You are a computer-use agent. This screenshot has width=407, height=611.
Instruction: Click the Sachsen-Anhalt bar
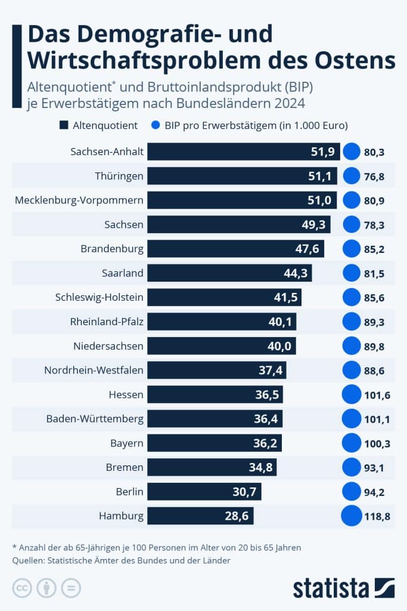tap(243, 152)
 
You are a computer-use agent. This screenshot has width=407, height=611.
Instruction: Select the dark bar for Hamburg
tap(200, 516)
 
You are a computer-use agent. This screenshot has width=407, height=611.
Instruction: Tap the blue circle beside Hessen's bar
tap(352, 394)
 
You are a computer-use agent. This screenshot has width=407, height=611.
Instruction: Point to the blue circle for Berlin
tap(352, 492)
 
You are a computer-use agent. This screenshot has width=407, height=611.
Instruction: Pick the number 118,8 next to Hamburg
tap(377, 516)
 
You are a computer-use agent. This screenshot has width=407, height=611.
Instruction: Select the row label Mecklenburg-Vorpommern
tap(79, 200)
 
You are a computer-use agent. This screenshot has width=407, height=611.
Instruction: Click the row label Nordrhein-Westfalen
tap(94, 370)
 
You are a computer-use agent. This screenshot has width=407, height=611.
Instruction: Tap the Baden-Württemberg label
tap(95, 419)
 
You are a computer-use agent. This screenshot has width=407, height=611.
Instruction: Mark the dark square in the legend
tap(64, 125)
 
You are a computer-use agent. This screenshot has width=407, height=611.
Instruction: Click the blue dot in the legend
tap(157, 125)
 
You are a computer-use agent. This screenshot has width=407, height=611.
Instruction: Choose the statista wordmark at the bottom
tap(331, 588)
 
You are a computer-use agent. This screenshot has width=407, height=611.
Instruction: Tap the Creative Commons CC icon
tap(21, 588)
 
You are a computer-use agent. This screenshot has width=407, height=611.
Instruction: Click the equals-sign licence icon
tap(71, 588)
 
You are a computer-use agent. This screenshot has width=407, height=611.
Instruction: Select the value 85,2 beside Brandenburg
tap(374, 249)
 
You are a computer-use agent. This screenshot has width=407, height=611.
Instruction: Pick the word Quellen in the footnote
tap(29, 560)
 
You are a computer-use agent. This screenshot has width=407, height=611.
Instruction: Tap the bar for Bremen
tap(212, 467)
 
